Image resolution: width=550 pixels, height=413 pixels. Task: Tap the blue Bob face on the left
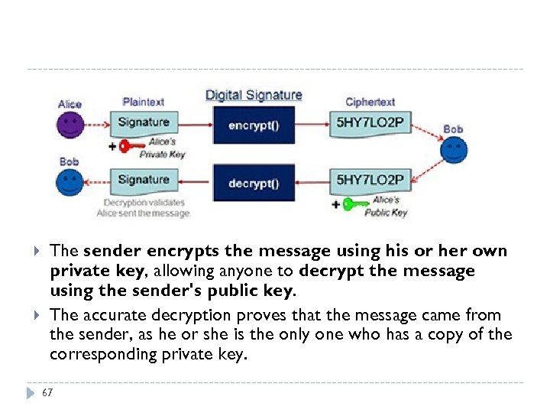coord(70,182)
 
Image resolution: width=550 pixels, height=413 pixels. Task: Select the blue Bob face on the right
coord(454,149)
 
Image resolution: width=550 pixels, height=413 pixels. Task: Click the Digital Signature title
coord(254,96)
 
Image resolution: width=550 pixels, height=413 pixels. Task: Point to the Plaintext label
coord(143,102)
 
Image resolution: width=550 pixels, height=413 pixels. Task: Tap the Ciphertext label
coord(370,102)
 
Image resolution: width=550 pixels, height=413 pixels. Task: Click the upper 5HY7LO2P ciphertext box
coord(370,123)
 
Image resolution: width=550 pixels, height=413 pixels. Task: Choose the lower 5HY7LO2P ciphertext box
coord(370,180)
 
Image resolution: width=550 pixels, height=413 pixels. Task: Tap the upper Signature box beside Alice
coord(143,122)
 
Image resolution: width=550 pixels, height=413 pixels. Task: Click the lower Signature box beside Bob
coord(143,180)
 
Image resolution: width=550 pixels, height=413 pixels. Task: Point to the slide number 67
coord(48,392)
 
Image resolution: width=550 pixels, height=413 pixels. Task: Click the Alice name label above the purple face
coord(70,104)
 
